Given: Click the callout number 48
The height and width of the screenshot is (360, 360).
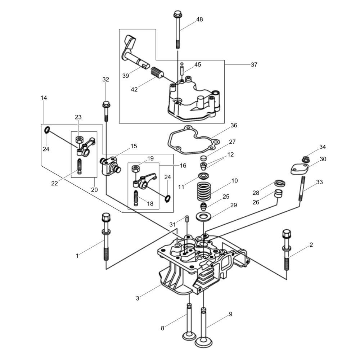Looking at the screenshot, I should click(199, 19).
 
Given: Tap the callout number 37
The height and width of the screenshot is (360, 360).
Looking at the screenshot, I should click(254, 65).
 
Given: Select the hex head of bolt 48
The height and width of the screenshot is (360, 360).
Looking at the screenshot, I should click(177, 15).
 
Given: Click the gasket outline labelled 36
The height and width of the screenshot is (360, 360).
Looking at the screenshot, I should click(192, 138).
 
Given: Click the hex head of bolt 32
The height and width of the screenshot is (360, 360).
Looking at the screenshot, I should click(106, 104).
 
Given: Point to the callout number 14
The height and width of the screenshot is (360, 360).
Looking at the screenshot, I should click(44, 98).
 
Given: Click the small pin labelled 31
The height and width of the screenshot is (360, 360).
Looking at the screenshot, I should click(187, 219).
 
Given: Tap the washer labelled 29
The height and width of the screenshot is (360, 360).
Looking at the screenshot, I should click(203, 217).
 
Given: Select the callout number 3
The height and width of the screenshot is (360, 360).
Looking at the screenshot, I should click(138, 298).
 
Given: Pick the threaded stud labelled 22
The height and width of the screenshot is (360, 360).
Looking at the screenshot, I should click(80, 167).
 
